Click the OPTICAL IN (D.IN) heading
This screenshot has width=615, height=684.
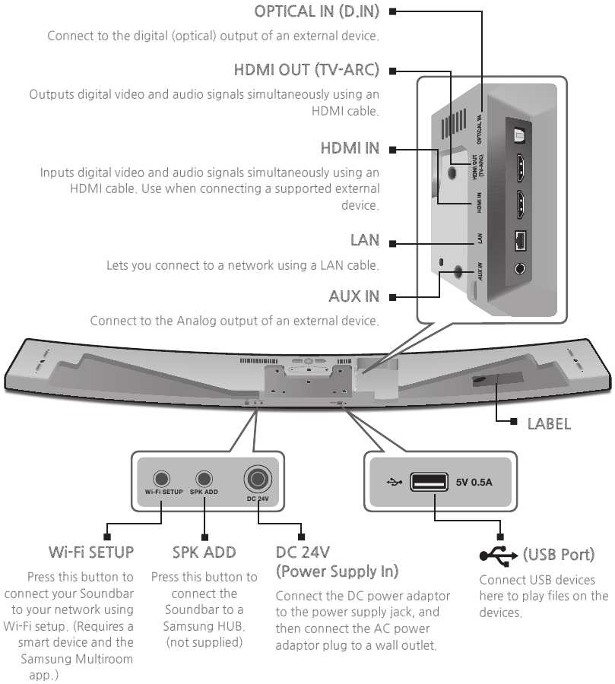point(319,11)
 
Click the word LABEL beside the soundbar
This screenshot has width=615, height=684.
point(549,423)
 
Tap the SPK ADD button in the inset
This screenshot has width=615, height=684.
point(203,479)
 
